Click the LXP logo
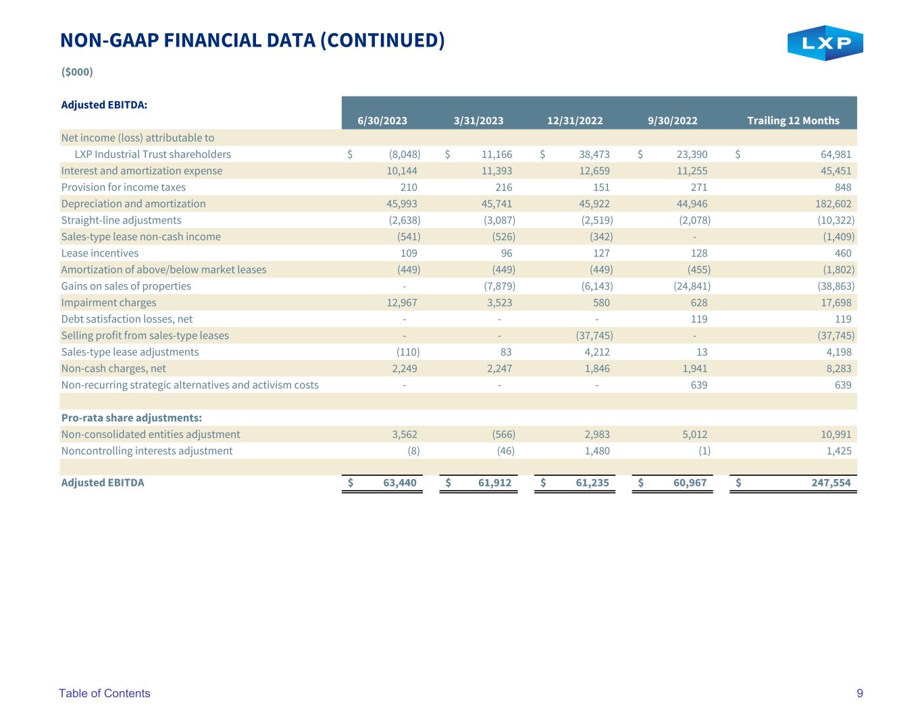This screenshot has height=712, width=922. (x=825, y=43)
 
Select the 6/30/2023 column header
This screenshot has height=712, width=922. (x=382, y=121)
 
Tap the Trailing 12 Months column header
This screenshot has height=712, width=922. (x=793, y=121)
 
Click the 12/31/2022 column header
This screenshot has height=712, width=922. (x=575, y=121)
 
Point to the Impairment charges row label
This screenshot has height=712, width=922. (x=109, y=302)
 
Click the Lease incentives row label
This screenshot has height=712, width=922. (x=100, y=253)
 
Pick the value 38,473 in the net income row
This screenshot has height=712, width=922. (x=594, y=155)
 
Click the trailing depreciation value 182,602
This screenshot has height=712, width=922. (x=833, y=204)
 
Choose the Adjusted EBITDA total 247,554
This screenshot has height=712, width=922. (x=831, y=483)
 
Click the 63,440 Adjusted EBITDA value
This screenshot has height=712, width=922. (x=399, y=483)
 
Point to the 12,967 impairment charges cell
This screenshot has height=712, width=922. (x=401, y=302)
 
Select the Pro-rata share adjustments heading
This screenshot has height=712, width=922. (x=132, y=418)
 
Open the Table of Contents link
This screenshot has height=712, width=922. (x=105, y=693)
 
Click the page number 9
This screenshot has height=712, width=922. (x=860, y=693)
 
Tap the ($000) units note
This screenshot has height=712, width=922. (x=77, y=72)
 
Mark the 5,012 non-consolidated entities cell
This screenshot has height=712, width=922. (x=694, y=435)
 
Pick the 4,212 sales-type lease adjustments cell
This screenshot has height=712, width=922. (x=597, y=352)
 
